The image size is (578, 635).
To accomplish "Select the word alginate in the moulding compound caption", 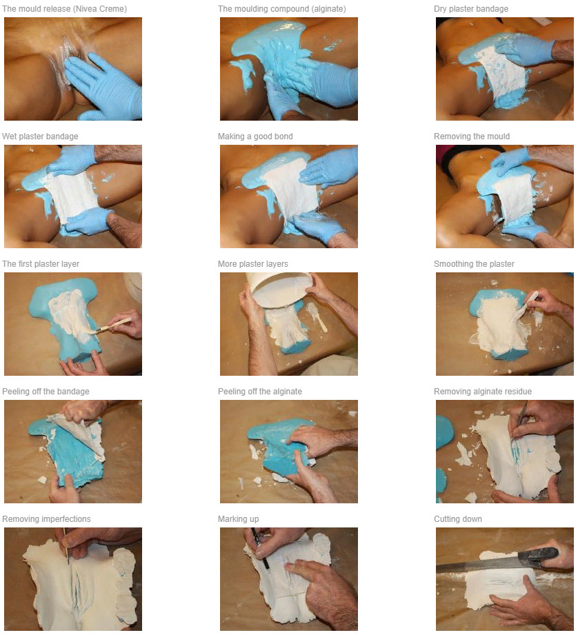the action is pyautogui.click(x=327, y=9).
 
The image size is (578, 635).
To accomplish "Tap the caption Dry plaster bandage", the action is pyautogui.click(x=471, y=9).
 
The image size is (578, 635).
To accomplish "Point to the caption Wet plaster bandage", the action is pyautogui.click(x=40, y=137).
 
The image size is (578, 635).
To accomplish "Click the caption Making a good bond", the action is pyautogui.click(x=255, y=137).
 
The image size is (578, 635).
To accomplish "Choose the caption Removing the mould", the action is pyautogui.click(x=472, y=137).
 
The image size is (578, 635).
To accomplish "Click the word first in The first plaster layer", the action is pyautogui.click(x=26, y=264).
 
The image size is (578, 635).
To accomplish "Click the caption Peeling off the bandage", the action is pyautogui.click(x=46, y=392).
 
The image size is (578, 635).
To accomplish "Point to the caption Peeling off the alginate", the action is pyautogui.click(x=260, y=392).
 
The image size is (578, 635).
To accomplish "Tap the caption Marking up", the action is pyautogui.click(x=238, y=519).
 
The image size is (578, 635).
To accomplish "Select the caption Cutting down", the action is pyautogui.click(x=458, y=519).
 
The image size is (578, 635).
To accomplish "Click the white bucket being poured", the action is pyautogui.click(x=279, y=288).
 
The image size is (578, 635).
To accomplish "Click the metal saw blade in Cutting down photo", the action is pyautogui.click(x=478, y=565).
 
